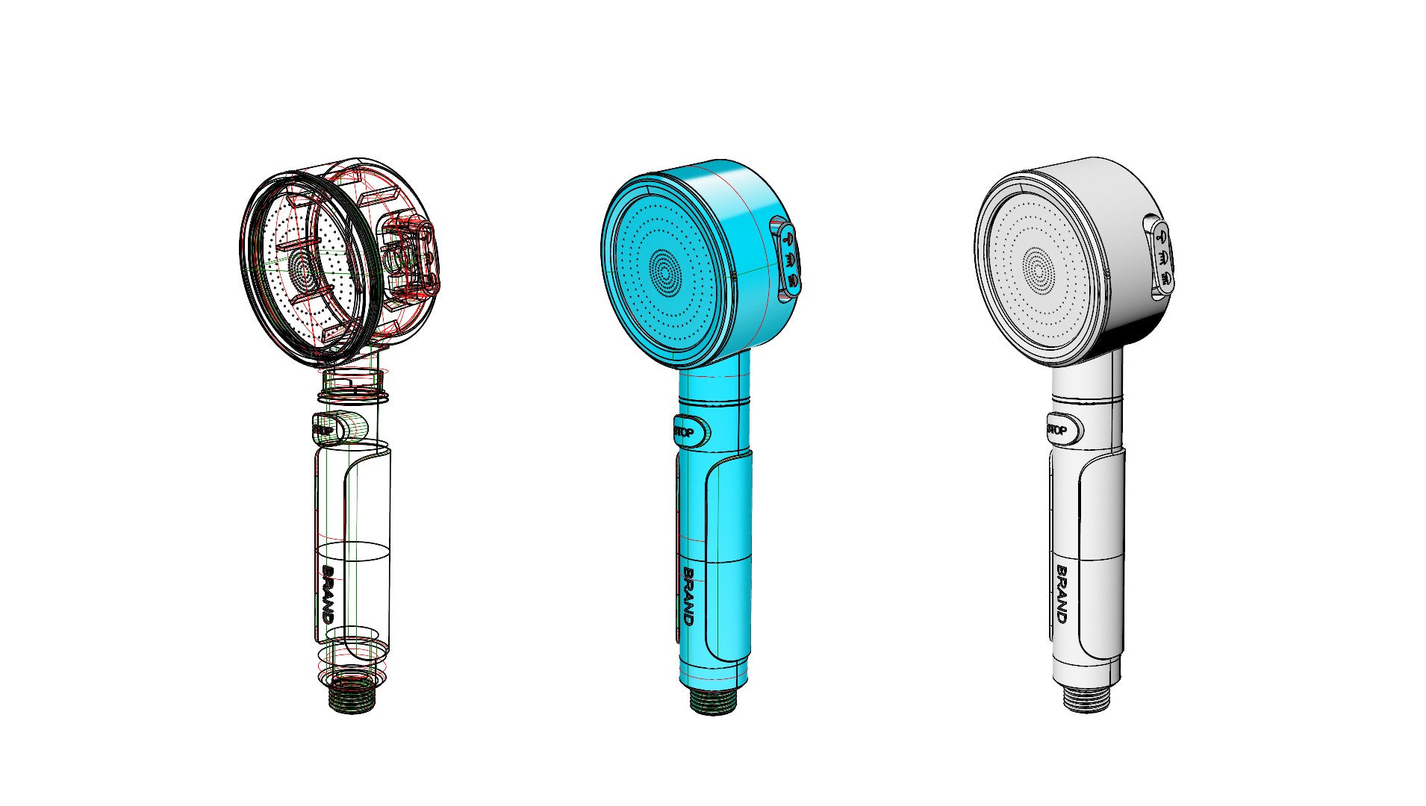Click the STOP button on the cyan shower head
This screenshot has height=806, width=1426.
coord(691,431)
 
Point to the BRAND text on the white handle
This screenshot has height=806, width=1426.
coord(1062,594)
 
